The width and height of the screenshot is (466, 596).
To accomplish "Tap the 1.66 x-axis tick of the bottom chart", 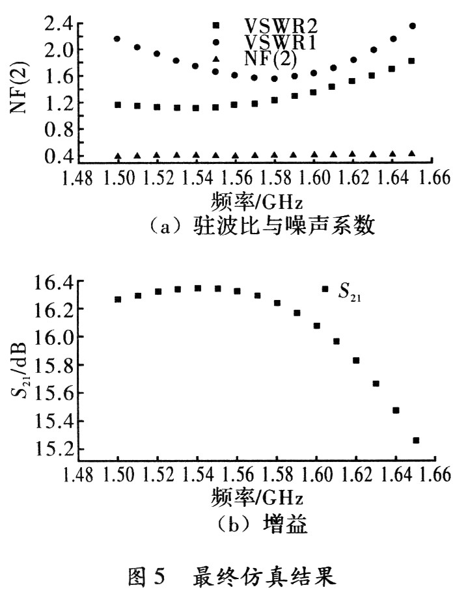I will [x=436, y=473].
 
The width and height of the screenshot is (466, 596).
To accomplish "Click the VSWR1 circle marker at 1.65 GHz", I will [x=412, y=26].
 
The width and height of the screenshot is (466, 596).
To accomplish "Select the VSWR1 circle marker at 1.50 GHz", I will [x=117, y=39].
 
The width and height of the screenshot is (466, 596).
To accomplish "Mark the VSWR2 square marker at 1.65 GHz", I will [x=411, y=61].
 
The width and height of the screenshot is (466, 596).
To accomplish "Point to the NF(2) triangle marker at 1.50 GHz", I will [x=118, y=156].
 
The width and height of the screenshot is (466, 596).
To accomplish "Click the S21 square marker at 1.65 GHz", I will [x=417, y=440].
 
